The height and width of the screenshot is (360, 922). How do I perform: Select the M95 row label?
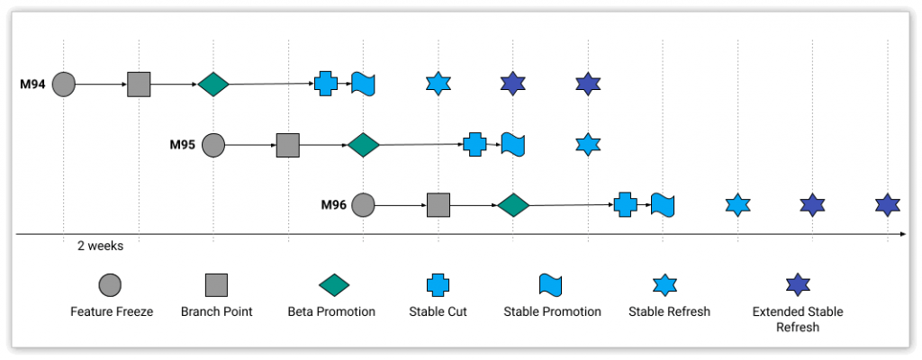click(x=183, y=144)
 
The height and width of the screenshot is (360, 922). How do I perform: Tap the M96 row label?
click(x=334, y=204)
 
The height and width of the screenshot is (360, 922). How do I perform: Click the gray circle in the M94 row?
click(x=63, y=85)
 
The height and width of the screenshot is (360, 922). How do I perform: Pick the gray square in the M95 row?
click(x=287, y=144)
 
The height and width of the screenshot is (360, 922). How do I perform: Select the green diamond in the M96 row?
click(x=513, y=204)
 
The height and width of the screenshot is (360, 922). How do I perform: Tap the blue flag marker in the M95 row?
click(x=513, y=144)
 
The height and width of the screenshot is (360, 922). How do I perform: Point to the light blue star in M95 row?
click(x=588, y=144)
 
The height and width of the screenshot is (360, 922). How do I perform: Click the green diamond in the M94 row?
click(x=213, y=85)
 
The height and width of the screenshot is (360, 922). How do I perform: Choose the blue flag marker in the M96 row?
click(x=664, y=204)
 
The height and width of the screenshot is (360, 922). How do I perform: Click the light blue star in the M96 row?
click(x=738, y=204)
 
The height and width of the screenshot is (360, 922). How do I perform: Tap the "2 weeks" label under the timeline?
click(x=100, y=246)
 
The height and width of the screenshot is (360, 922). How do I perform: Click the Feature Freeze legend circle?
click(x=111, y=285)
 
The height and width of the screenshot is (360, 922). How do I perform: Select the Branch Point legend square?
click(x=216, y=285)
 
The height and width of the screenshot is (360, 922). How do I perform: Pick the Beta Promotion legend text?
click(x=331, y=311)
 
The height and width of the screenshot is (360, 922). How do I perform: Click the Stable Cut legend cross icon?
click(x=438, y=285)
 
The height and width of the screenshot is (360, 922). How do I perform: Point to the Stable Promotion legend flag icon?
click(x=551, y=285)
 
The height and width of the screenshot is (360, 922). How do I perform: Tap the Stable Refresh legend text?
click(x=669, y=311)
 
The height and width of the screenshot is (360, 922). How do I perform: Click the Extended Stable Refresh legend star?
click(x=798, y=285)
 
